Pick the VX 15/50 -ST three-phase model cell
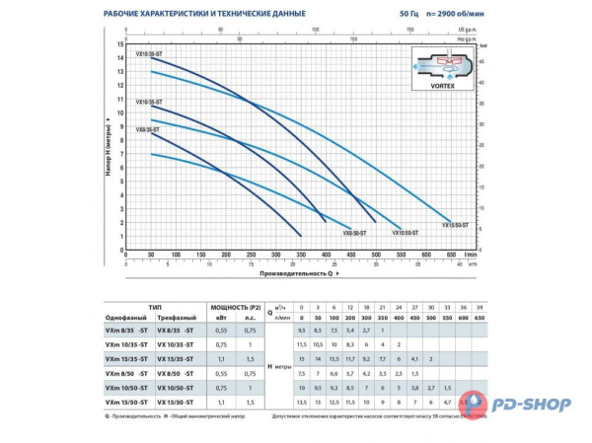[178, 403]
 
